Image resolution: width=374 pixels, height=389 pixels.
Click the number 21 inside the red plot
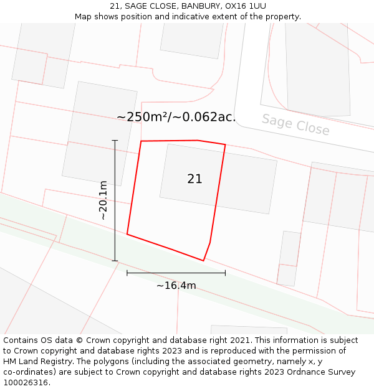194,179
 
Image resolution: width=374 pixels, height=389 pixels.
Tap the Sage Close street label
295,124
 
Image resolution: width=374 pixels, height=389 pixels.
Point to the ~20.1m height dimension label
103,200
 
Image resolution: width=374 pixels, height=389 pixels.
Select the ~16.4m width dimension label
176,286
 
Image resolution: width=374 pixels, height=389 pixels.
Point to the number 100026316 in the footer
26,383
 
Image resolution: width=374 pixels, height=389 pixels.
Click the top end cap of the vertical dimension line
115,141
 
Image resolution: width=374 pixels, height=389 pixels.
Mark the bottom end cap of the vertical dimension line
115,261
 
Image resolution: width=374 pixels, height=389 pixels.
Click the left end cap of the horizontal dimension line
127,273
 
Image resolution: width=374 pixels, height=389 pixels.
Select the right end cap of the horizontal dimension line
225,273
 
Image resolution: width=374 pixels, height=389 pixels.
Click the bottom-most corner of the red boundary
203,261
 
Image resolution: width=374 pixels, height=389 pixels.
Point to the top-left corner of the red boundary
141,141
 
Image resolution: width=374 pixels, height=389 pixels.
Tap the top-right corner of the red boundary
225,145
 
